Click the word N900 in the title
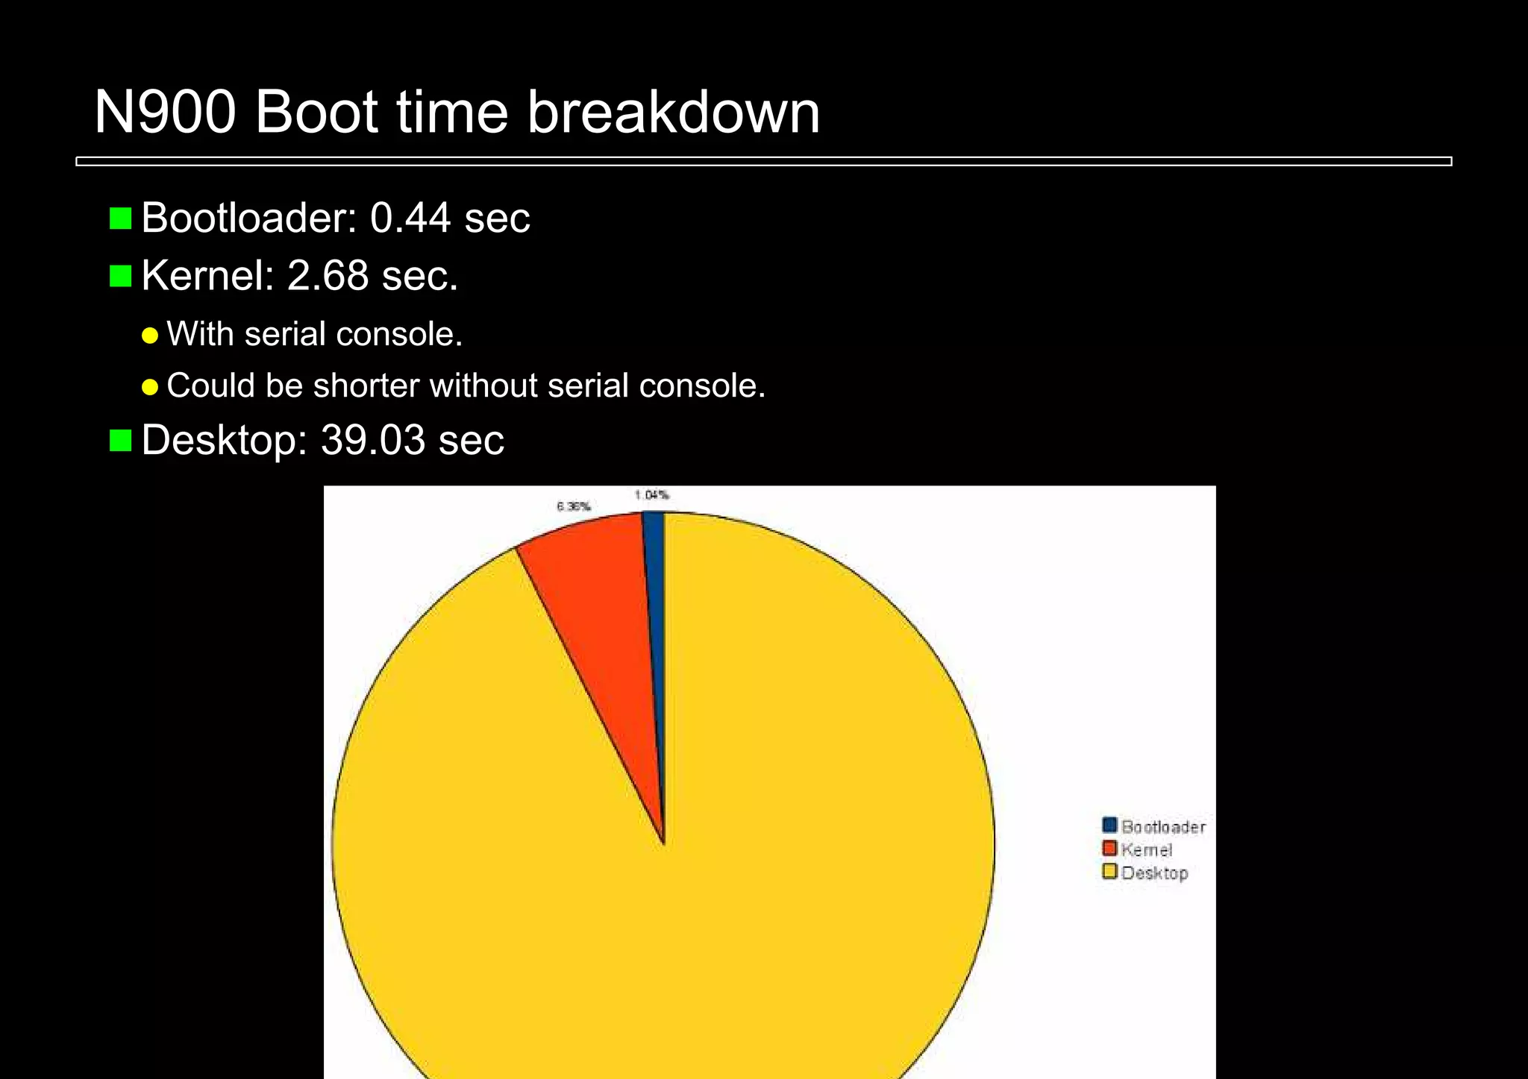click(x=165, y=113)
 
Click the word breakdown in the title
click(x=673, y=113)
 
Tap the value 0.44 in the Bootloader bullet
click(x=410, y=218)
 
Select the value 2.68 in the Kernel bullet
click(x=328, y=276)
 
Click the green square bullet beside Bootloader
click(x=120, y=218)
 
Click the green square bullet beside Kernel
click(x=120, y=276)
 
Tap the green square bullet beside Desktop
click(x=120, y=440)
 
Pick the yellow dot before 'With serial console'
click(x=150, y=336)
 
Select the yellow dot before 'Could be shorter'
click(x=150, y=387)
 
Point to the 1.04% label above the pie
click(x=651, y=495)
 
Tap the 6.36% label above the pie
click(x=573, y=507)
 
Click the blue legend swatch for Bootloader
click(x=1109, y=825)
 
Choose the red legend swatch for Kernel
click(x=1109, y=849)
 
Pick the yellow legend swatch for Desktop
click(x=1109, y=872)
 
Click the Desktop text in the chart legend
click(x=1154, y=873)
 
